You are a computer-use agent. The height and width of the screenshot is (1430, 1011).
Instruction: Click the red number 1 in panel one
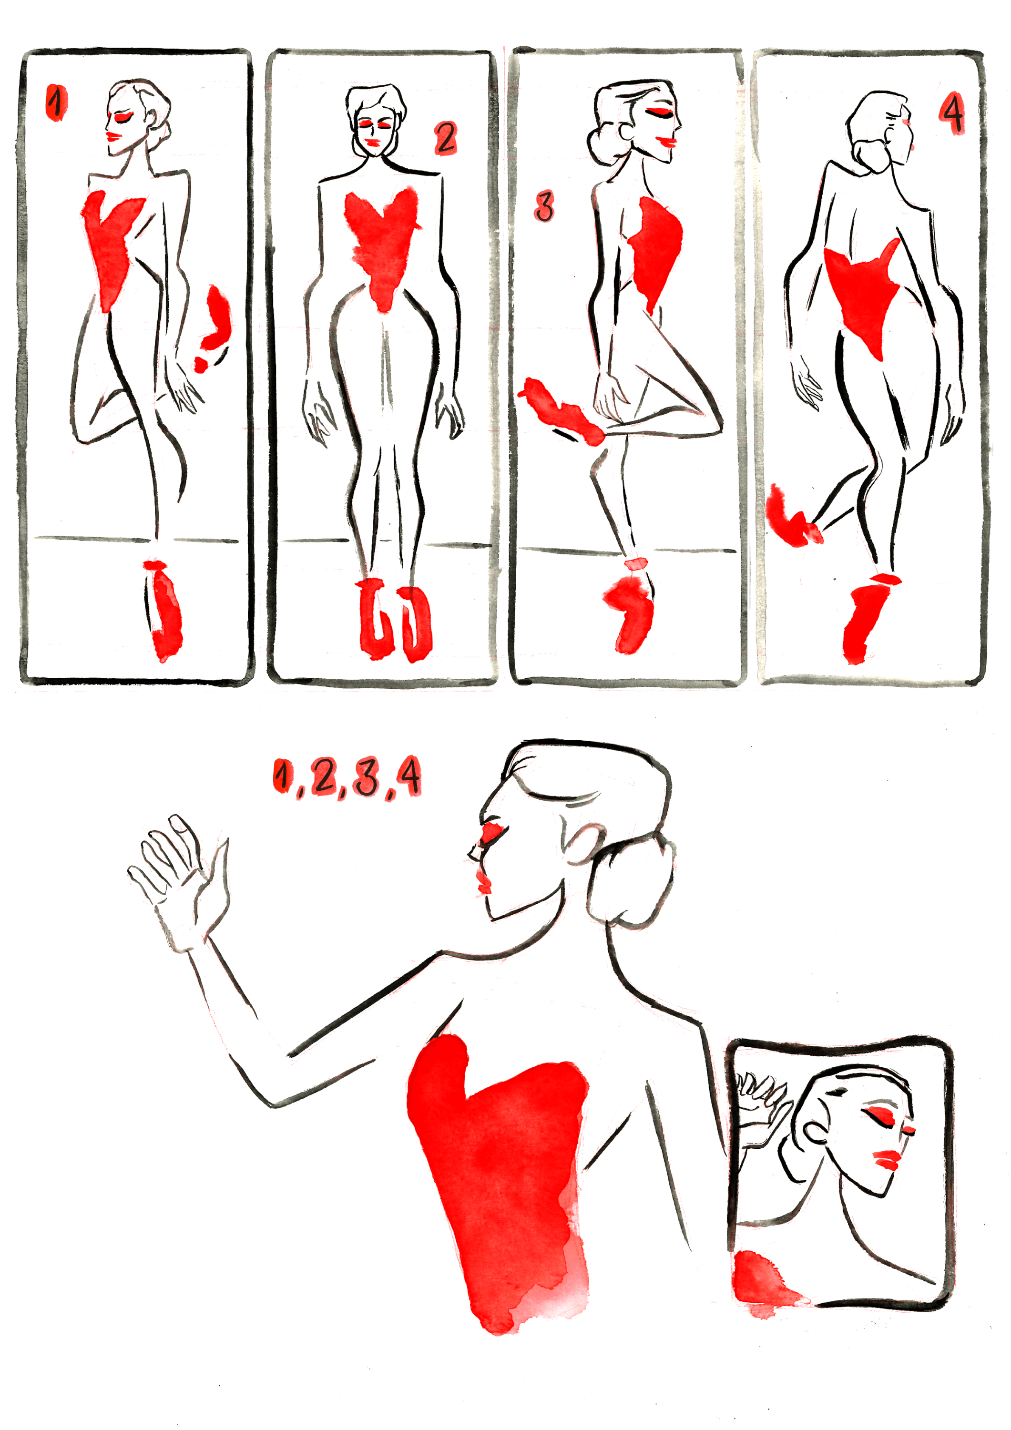pos(56,103)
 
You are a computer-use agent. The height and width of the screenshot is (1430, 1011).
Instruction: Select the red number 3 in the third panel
pos(544,207)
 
